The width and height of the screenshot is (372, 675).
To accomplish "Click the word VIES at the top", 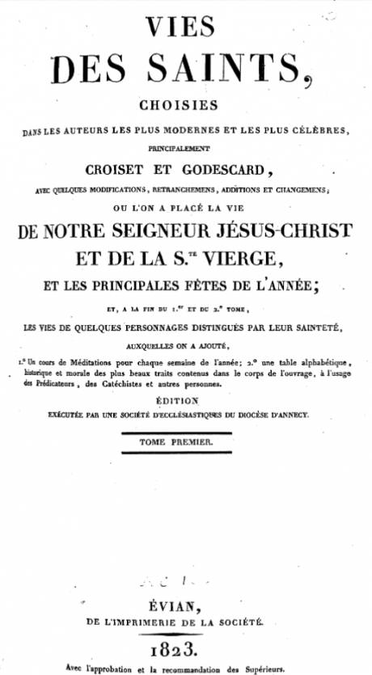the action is [x=186, y=28].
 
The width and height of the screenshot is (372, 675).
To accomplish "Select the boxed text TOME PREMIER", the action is [x=186, y=442].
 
